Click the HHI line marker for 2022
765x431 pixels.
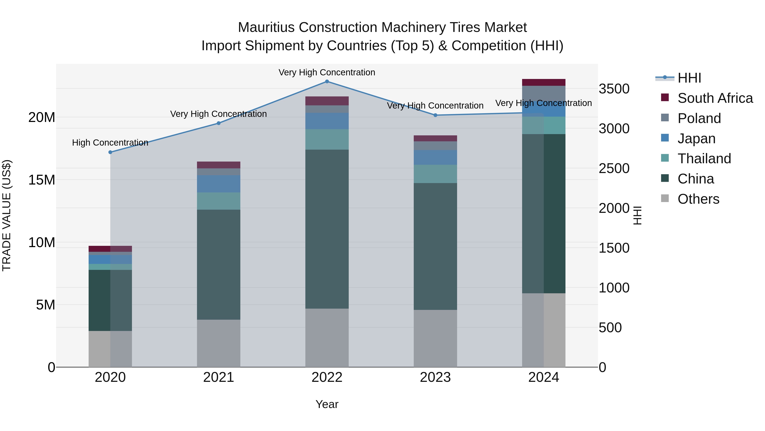[x=327, y=82]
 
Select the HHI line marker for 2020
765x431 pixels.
[x=110, y=152]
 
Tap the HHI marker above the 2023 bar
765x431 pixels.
[x=435, y=115]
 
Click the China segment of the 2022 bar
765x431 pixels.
[x=327, y=229]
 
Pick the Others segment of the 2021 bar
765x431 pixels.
[x=219, y=343]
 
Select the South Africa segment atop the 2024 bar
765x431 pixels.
[x=544, y=82]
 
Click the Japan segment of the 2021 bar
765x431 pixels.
[x=219, y=184]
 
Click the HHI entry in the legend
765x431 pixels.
[x=689, y=78]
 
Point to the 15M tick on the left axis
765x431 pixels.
[x=42, y=180]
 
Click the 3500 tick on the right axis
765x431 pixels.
[x=614, y=89]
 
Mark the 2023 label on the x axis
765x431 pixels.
[x=435, y=377]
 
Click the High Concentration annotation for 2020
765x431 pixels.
[x=110, y=143]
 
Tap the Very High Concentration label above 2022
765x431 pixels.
[x=327, y=72]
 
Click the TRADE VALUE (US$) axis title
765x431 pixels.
[x=7, y=215]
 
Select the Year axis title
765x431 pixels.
[x=327, y=404]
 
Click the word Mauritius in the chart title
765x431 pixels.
[x=266, y=27]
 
